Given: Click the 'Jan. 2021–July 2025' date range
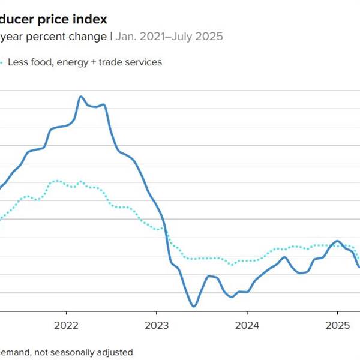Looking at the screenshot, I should pyautogui.click(x=169, y=37).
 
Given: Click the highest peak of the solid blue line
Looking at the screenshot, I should pyautogui.click(x=81, y=96).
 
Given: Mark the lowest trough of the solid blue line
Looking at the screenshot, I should pyautogui.click(x=194, y=306).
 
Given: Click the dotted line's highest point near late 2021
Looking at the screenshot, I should pyautogui.click(x=56, y=180).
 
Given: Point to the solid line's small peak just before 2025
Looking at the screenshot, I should pyautogui.click(x=337, y=241).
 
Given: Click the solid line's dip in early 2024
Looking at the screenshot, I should pyautogui.click(x=232, y=296).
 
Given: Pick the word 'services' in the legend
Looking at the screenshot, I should pyautogui.click(x=143, y=62).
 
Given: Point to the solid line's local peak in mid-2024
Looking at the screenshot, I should pyautogui.click(x=284, y=257).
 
